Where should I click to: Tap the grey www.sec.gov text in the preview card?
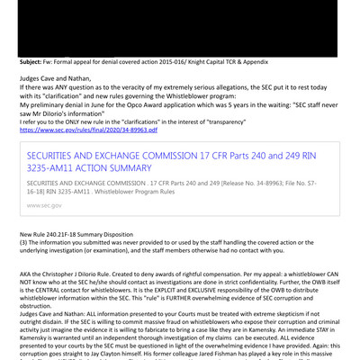45,205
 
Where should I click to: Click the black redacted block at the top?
180,27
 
